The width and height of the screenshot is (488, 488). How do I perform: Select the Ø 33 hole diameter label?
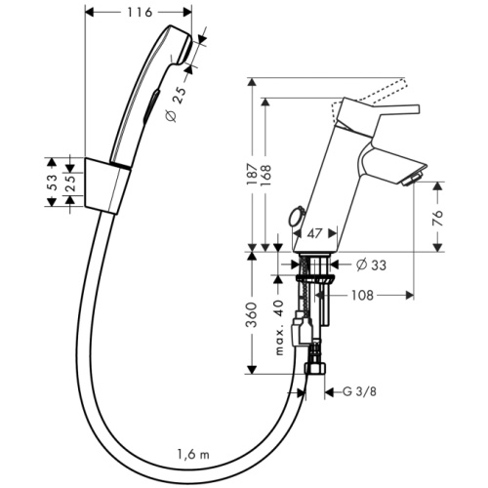point(366,264)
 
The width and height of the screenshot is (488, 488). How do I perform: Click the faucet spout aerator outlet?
point(411,178)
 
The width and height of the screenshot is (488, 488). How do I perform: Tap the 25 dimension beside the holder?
point(71,181)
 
